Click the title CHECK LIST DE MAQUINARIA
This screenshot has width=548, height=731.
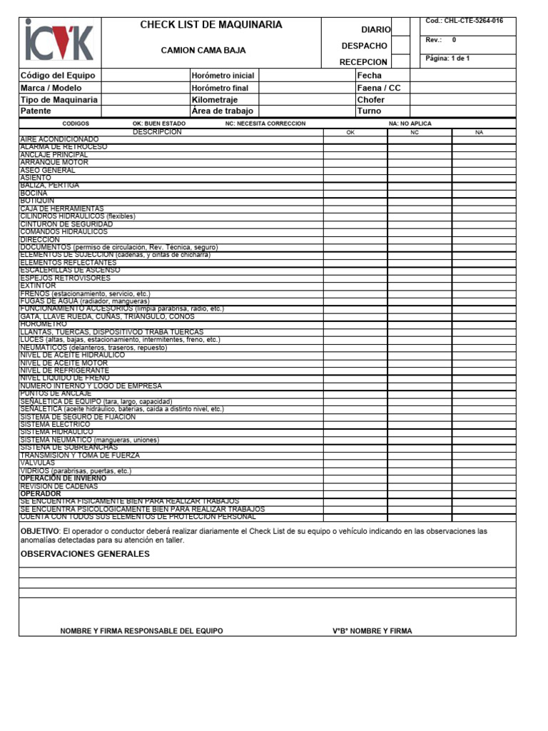point(210,25)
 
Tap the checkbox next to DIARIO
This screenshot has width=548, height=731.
point(401,28)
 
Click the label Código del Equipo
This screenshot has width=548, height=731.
point(58,75)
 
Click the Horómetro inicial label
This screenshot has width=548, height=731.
point(223,75)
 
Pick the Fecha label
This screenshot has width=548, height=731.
point(369,75)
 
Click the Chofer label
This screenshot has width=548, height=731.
point(370,100)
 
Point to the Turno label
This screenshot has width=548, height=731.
point(369,111)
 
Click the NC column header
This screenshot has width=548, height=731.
point(415,133)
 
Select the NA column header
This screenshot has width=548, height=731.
point(479,133)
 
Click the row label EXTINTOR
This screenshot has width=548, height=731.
point(38,286)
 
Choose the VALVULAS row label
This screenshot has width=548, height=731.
point(37,463)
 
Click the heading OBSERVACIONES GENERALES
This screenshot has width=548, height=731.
point(85,554)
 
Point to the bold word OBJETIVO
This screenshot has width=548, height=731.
point(39,531)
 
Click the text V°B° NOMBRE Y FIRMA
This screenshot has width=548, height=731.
point(372,631)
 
